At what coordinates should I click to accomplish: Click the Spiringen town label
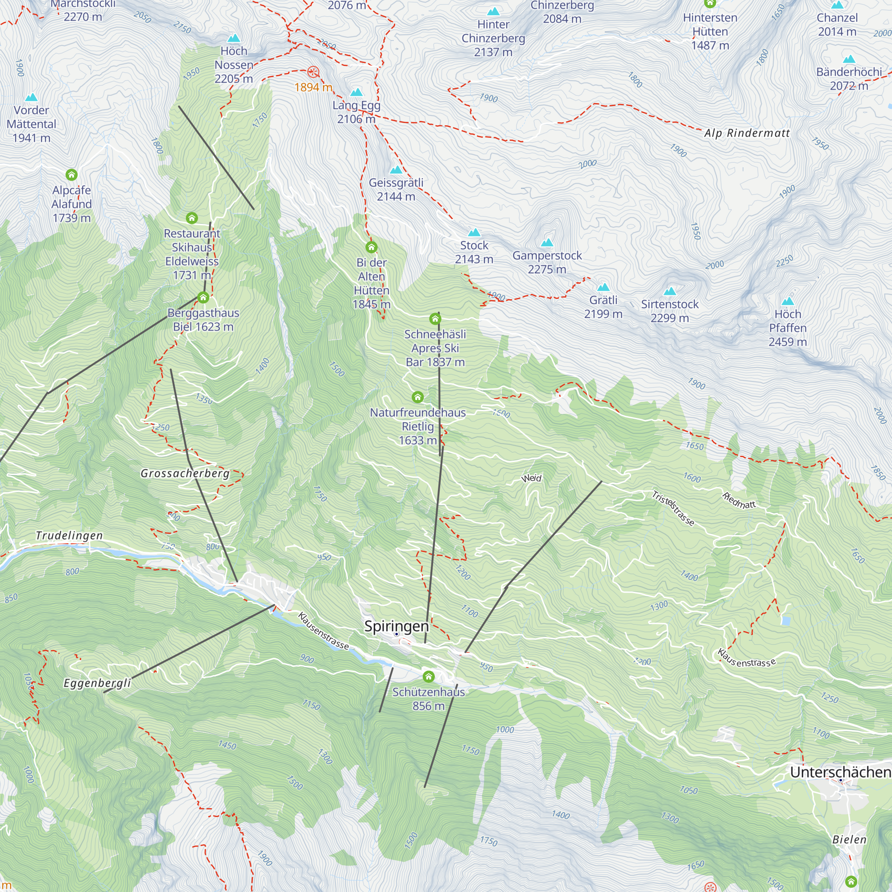tap(396, 627)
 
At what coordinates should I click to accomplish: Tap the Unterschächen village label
tap(840, 772)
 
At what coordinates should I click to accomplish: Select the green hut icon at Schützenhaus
tap(429, 677)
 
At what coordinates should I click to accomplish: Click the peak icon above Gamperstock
tap(547, 242)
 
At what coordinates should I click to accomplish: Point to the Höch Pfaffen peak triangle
tap(788, 301)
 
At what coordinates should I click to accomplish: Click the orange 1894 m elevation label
tap(313, 87)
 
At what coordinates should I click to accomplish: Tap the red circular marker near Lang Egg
tap(313, 72)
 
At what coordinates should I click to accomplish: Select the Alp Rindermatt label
tap(747, 133)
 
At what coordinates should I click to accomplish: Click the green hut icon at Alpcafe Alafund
tap(71, 174)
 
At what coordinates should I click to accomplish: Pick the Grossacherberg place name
tap(185, 473)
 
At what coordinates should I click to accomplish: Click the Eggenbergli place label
tap(97, 683)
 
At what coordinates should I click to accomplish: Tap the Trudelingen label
tap(69, 536)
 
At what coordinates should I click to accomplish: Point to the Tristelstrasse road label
tap(673, 508)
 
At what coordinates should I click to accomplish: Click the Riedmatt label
tap(739, 501)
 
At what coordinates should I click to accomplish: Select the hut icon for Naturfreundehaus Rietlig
tap(417, 397)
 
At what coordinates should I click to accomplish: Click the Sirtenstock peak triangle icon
tap(669, 291)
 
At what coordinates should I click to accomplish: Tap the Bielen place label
tap(849, 839)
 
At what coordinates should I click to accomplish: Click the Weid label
tap(531, 478)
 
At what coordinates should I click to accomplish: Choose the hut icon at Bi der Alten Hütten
tap(371, 247)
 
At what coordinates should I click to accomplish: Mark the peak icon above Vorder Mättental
tap(31, 97)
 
